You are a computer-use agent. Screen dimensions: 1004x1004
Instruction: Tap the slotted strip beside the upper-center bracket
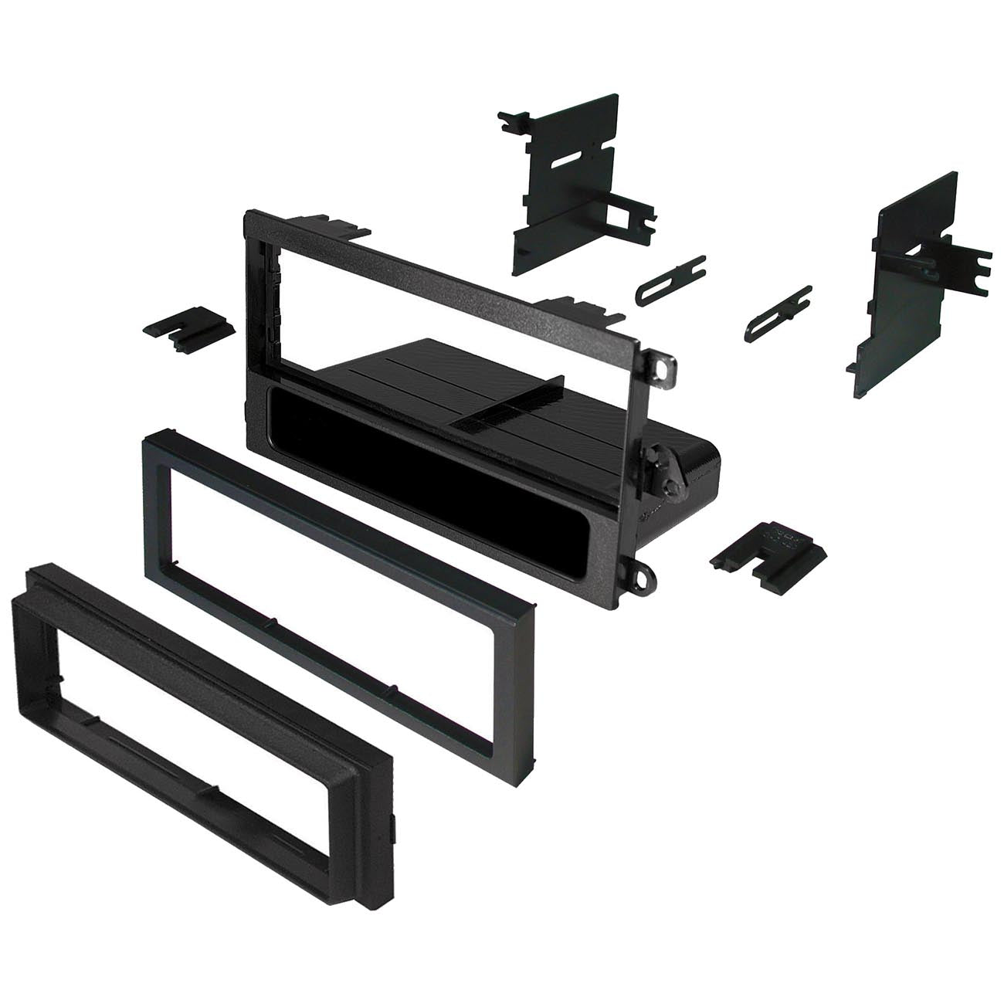click(x=670, y=278)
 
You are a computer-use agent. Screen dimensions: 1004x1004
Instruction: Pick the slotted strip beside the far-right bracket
click(x=778, y=312)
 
